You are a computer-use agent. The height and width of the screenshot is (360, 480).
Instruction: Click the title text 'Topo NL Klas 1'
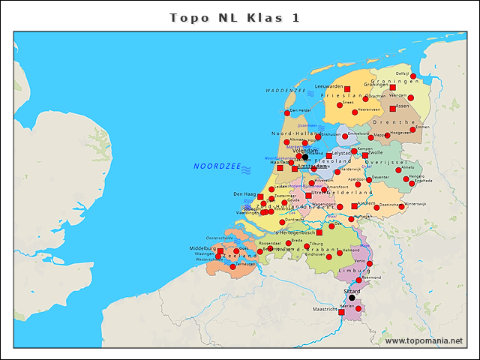pos(235,18)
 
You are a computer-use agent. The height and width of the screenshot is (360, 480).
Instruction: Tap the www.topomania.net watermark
pos(424,341)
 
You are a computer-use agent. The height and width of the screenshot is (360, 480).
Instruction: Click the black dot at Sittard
pos(352,298)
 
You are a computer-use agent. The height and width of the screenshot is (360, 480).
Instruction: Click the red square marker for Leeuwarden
pos(346,89)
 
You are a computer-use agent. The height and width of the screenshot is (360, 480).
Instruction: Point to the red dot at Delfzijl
pos(413,76)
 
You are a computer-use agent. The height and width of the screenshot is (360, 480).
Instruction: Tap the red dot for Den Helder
pos(286,113)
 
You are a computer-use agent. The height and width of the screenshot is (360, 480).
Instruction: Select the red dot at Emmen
pos(413,129)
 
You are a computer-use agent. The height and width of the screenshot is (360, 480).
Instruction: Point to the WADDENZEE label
pos(286,91)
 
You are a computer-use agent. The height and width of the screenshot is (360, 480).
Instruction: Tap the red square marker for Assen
pos(392,109)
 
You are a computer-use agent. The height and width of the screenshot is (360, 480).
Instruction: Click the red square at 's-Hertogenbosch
pos(319,232)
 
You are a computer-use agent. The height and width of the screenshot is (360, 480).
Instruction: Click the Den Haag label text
pos(245,194)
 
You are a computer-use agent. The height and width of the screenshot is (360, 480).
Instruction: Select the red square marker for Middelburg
pos(220,252)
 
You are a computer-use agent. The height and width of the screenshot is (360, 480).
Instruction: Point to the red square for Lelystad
pos(328,156)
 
